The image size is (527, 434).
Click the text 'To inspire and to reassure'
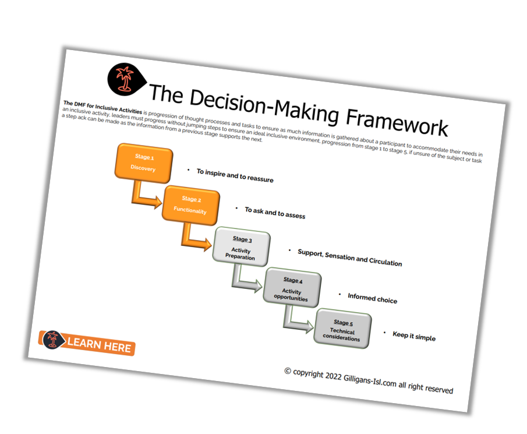click(235, 175)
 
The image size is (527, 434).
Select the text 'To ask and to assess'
click(275, 213)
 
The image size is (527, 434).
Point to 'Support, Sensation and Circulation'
click(349, 257)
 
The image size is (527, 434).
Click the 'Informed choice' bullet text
click(372, 299)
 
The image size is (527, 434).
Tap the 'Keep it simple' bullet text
click(413, 336)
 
